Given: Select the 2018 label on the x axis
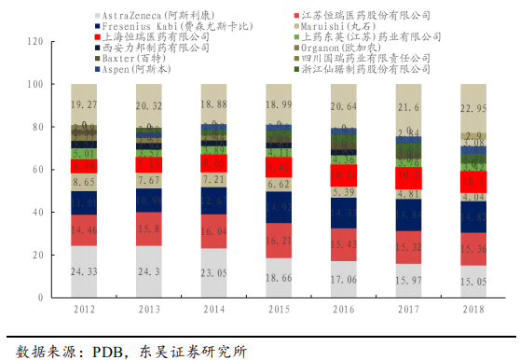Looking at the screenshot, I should coord(473,309).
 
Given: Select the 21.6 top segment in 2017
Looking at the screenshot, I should coord(410,108).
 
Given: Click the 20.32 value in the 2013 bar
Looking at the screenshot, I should coord(150,106).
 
